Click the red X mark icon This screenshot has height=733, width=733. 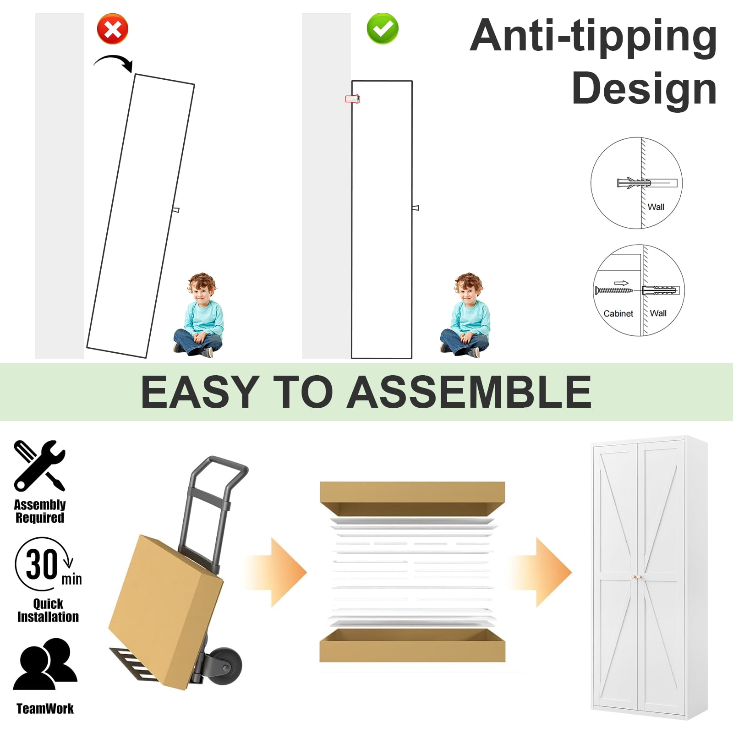tap(113, 29)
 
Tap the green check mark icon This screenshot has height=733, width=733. tap(383, 29)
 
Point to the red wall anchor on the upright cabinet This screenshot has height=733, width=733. tap(352, 98)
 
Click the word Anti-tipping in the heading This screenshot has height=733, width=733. tap(593, 37)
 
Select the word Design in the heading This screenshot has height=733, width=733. tap(644, 88)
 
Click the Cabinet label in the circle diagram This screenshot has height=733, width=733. tap(618, 313)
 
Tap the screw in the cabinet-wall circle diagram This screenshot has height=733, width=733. tap(613, 290)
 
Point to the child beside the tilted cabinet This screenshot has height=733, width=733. tap(200, 315)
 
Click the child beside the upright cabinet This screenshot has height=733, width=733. tap(466, 315)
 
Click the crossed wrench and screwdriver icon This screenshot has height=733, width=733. tap(39, 465)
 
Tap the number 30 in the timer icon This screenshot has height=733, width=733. tap(42, 564)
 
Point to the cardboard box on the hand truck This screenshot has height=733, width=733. tap(165, 612)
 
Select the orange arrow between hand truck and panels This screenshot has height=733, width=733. tap(275, 573)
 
